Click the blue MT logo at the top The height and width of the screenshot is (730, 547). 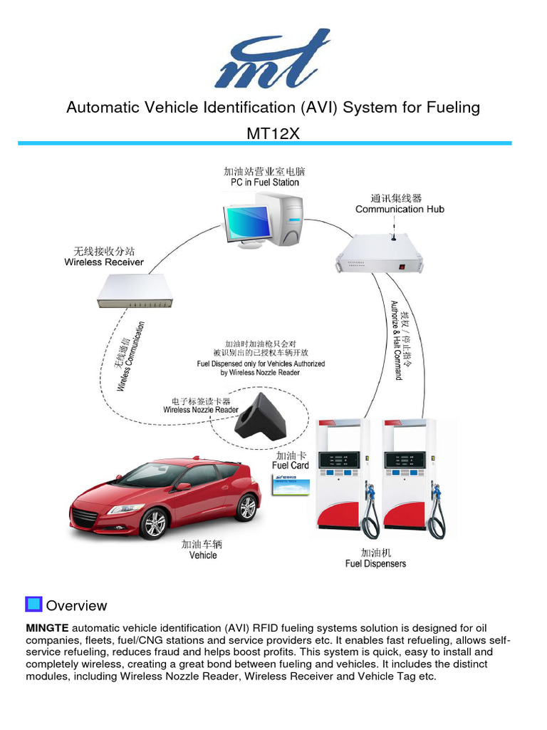pyautogui.click(x=272, y=58)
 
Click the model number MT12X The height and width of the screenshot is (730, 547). pyautogui.click(x=273, y=133)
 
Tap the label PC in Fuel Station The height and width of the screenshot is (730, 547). pyautogui.click(x=264, y=182)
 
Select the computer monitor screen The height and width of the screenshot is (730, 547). pyautogui.click(x=247, y=222)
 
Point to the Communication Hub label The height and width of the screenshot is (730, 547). pyautogui.click(x=400, y=209)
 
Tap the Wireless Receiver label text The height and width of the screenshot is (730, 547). pyautogui.click(x=104, y=262)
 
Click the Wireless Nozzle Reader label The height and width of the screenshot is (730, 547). pyautogui.click(x=201, y=410)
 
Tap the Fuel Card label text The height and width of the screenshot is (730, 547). pyautogui.click(x=291, y=466)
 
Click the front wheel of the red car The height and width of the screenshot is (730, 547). pyautogui.click(x=155, y=523)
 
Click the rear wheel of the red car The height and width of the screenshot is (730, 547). pyautogui.click(x=246, y=507)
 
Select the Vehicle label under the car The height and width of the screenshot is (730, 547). pyautogui.click(x=203, y=555)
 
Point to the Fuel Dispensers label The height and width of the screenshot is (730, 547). pyautogui.click(x=375, y=564)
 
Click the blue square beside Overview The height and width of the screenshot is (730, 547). pyautogui.click(x=33, y=605)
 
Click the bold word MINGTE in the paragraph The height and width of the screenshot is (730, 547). pyautogui.click(x=47, y=628)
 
